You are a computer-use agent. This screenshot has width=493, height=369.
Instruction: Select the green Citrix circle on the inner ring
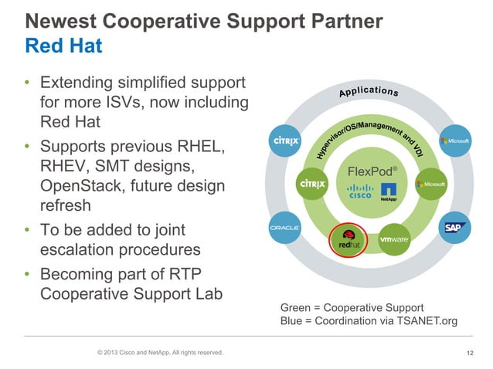[311, 184]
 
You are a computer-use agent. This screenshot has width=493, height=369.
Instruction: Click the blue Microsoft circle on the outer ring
[454, 140]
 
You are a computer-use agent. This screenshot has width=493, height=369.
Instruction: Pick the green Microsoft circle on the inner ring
[430, 184]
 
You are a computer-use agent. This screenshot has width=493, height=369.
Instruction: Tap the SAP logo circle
[454, 228]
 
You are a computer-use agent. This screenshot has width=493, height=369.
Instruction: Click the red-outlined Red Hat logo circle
[345, 240]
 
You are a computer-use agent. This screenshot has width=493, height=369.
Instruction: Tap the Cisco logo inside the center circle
[359, 191]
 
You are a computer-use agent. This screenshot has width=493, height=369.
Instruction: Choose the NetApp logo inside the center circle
[389, 191]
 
